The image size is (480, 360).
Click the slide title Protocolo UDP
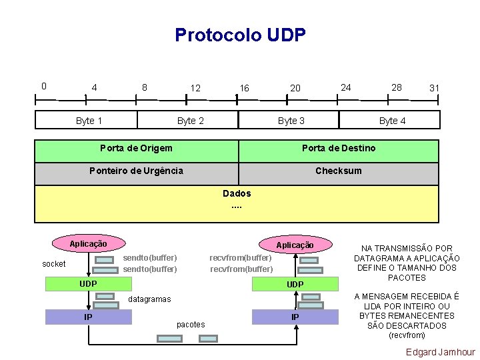(x=240, y=35)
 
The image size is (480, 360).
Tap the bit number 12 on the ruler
(x=195, y=88)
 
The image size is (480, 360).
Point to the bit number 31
(x=434, y=88)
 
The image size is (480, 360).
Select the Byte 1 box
(x=89, y=121)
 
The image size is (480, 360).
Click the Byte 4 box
(x=392, y=121)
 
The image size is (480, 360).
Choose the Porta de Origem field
(x=136, y=148)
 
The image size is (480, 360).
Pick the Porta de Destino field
(x=339, y=148)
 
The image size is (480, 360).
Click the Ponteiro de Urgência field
(x=136, y=171)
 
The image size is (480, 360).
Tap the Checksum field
(x=339, y=171)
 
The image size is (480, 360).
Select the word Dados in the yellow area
(x=237, y=193)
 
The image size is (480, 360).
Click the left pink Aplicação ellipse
(x=88, y=243)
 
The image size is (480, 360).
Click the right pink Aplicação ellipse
(x=295, y=245)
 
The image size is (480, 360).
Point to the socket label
(x=54, y=264)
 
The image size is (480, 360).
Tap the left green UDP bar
(x=89, y=284)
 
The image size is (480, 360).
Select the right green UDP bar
(x=295, y=285)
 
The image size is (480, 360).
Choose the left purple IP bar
(x=88, y=317)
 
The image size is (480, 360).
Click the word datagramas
(x=149, y=299)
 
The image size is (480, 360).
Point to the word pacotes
(x=191, y=325)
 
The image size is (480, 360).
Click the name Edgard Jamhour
(x=441, y=352)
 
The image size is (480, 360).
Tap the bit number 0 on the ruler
(x=43, y=85)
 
